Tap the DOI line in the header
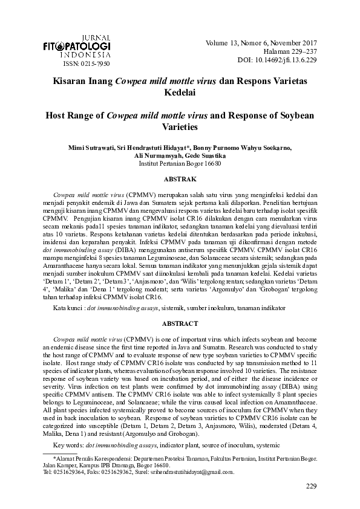click(283, 60)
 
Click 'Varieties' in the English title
click(180, 128)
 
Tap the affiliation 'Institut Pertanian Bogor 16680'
click(180, 163)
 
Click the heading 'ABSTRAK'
click(180, 180)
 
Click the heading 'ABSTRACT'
click(180, 323)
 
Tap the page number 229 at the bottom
click(312, 487)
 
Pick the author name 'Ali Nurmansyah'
click(157, 155)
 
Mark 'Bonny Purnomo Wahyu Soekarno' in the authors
click(247, 148)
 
